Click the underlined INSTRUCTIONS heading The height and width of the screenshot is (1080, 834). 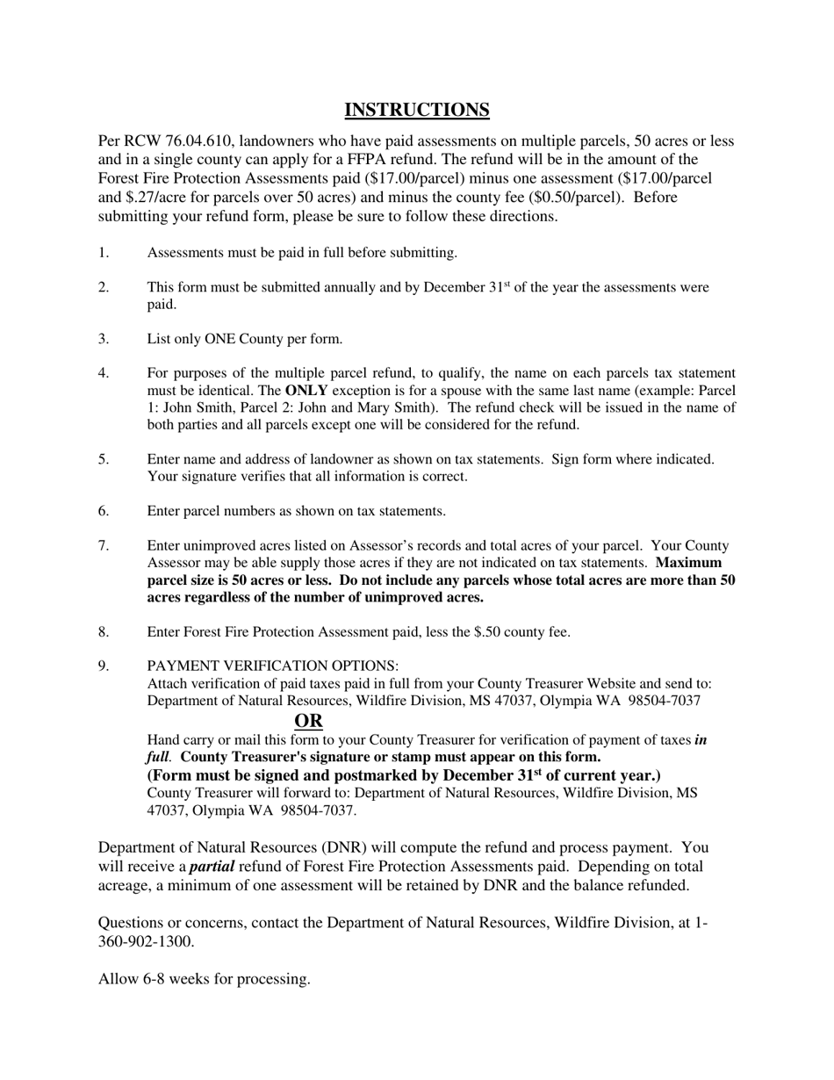pyautogui.click(x=416, y=110)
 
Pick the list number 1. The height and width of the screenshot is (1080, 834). pyautogui.click(x=103, y=253)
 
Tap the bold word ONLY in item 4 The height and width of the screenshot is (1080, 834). pyautogui.click(x=306, y=391)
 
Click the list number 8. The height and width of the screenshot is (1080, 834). pyautogui.click(x=103, y=631)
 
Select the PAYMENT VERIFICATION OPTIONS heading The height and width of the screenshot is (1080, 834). pyautogui.click(x=272, y=666)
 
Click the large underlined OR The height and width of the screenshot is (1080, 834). pyautogui.click(x=308, y=722)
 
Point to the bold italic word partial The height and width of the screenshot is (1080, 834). pyautogui.click(x=212, y=867)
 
